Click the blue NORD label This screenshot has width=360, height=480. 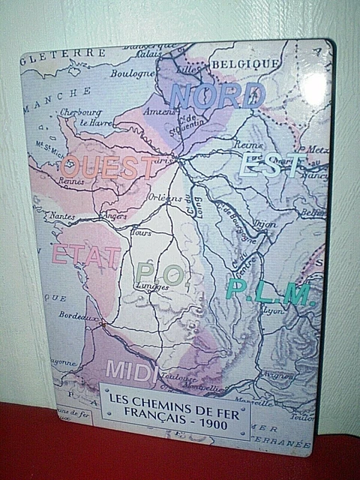click(217, 95)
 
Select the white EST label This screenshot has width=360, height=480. click(269, 164)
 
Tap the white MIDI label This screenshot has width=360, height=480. click(131, 370)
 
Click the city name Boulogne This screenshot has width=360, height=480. click(132, 73)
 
